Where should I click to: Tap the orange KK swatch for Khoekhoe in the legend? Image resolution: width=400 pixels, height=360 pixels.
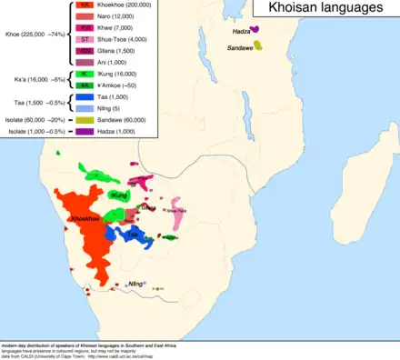[85, 5]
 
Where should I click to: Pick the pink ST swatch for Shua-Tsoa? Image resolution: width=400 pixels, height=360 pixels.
[85, 39]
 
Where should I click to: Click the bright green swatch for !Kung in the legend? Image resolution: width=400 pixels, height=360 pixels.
[85, 73]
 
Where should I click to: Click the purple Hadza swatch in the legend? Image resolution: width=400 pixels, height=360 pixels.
[85, 134]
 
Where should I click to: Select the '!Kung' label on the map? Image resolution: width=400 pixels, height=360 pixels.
[118, 195]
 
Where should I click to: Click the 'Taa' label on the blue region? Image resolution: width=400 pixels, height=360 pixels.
[133, 234]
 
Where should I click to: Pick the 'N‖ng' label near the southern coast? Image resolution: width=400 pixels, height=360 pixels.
[137, 284]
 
